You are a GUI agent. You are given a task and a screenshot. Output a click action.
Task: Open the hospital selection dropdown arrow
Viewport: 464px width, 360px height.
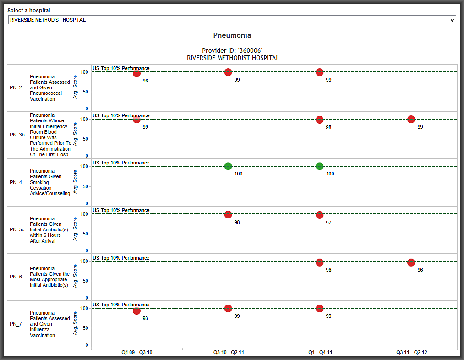pos(452,20)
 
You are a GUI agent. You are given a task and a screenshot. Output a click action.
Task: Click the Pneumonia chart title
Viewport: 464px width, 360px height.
pos(232,35)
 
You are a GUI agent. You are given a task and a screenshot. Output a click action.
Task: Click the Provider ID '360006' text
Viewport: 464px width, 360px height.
pos(232,50)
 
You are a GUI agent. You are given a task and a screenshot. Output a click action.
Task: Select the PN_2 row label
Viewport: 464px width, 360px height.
pos(16,88)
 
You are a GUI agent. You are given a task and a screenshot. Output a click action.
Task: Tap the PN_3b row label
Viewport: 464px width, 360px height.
pos(17,135)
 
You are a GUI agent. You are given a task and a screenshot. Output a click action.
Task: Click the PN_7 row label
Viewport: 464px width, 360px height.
pos(16,324)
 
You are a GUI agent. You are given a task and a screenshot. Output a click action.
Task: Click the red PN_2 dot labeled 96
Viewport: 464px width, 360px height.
pos(136,73)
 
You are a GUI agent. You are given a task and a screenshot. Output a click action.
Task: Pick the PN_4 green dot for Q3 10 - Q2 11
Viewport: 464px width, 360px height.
pos(228,166)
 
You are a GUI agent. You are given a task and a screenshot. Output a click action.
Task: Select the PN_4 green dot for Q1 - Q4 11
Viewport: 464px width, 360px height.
pos(320,166)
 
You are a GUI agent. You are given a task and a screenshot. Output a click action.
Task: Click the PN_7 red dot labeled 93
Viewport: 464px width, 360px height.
pos(136,311)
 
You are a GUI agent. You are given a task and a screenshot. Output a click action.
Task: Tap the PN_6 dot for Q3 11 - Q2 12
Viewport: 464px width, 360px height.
pos(411,262)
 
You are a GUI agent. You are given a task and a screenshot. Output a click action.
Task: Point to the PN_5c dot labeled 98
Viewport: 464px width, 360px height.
pos(228,215)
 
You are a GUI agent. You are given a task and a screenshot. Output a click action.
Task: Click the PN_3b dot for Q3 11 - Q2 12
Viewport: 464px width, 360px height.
pos(411,120)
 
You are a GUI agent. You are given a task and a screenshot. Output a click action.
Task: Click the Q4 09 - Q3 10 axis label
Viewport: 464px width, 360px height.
pos(137,353)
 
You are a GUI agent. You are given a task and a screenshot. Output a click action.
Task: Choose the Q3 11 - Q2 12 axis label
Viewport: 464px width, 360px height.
pos(412,353)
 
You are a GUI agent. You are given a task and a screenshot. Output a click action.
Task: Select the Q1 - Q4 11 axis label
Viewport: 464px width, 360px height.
pos(320,353)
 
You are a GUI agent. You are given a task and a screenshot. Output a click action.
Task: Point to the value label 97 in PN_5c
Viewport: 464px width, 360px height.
pos(328,223)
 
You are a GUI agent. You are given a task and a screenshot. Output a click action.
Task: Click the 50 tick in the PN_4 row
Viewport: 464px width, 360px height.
pos(86,186)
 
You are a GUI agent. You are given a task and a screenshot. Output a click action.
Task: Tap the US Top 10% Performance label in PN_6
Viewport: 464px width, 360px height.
pos(121,258)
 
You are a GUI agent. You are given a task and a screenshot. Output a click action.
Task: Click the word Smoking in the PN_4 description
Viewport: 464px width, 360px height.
pos(39,182)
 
